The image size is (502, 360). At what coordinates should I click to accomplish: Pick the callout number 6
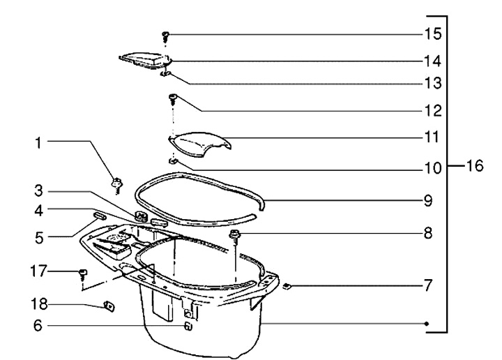point(39,326)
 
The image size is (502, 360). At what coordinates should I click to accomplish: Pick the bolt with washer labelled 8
point(235,234)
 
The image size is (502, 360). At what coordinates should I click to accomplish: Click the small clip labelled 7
point(287,285)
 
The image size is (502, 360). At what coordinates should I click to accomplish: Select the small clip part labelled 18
point(109,305)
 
